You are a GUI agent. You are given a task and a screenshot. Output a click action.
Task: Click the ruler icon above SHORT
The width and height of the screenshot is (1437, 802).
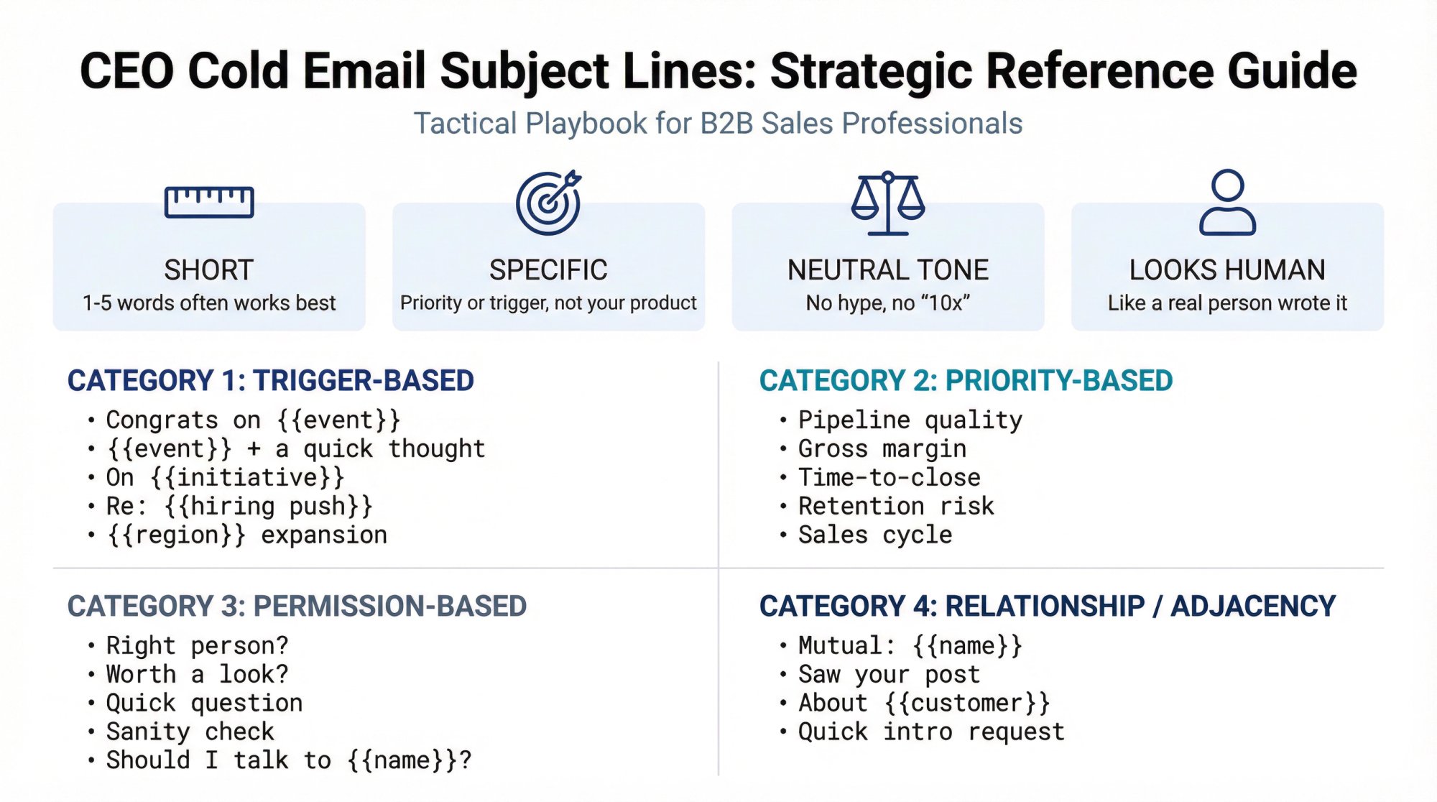(x=209, y=202)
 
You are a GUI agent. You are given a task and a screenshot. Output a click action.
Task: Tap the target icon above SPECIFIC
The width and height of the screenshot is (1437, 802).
(x=548, y=203)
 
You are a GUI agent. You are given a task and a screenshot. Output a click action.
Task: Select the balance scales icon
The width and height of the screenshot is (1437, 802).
(x=888, y=203)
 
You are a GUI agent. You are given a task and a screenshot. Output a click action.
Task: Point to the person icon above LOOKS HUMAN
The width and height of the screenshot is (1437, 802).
(x=1227, y=203)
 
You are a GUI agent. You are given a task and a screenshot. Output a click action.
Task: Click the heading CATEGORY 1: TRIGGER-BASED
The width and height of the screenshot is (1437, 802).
(x=271, y=381)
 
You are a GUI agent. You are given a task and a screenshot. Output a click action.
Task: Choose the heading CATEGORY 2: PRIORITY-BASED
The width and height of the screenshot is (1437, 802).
(x=966, y=381)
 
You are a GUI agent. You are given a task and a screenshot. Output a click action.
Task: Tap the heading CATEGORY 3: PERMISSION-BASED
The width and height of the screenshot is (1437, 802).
(x=297, y=607)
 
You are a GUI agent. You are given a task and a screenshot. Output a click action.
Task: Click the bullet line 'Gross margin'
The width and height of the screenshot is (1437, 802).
(x=882, y=449)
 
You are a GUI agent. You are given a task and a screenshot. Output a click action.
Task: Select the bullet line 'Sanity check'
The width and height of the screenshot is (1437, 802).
(x=190, y=732)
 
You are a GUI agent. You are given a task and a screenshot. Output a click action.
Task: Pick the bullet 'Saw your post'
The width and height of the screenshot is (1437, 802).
(x=889, y=674)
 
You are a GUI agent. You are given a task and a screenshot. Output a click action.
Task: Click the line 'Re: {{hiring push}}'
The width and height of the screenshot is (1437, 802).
(x=239, y=507)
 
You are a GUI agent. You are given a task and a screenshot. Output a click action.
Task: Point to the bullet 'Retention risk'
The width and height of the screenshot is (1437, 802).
(x=896, y=507)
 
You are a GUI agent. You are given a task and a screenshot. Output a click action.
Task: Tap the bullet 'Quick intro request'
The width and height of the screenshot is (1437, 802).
(x=931, y=732)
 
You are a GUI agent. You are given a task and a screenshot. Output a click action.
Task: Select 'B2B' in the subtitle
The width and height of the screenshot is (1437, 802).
(x=726, y=124)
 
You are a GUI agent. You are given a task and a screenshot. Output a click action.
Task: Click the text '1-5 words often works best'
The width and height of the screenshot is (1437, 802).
(x=209, y=303)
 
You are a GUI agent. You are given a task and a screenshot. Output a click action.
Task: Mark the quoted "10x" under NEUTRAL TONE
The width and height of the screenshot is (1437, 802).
(x=943, y=303)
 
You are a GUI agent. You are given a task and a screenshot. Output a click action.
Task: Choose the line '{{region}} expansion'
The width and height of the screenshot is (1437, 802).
(x=246, y=535)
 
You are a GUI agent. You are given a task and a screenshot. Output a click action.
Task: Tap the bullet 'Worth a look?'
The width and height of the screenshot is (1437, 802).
(x=197, y=674)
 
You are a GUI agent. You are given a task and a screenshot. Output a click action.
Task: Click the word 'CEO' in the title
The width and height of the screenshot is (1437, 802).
(x=127, y=71)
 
